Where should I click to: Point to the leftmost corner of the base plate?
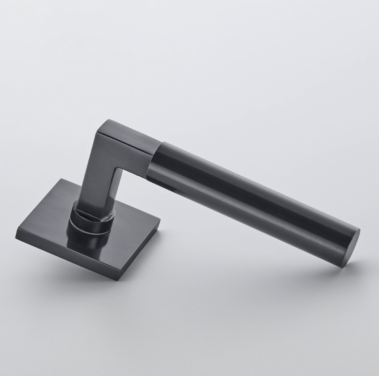click(17, 235)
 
